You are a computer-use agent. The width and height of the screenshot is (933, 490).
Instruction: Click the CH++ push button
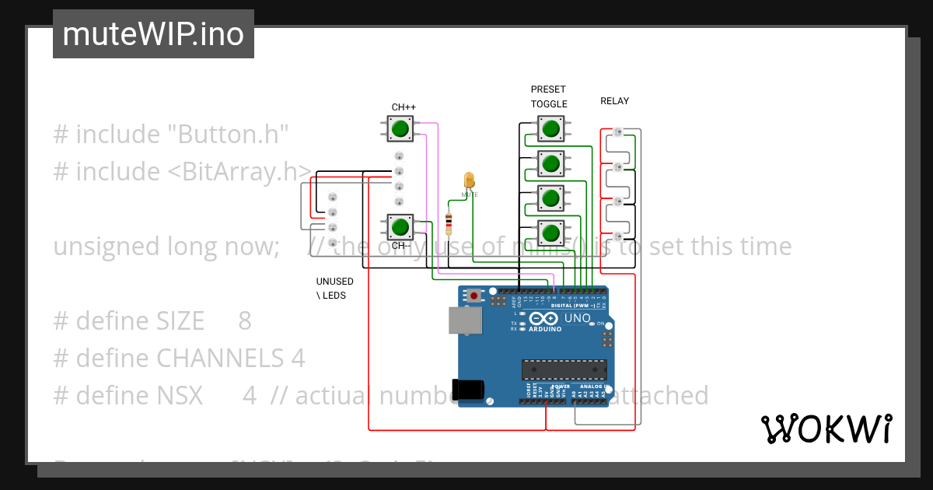click(400, 128)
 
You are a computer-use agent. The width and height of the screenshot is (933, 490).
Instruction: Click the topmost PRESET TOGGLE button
click(550, 128)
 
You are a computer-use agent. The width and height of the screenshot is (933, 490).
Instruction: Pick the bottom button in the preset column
click(550, 233)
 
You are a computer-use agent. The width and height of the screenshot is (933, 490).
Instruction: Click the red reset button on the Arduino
click(474, 296)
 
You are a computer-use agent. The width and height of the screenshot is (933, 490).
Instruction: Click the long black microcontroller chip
click(564, 369)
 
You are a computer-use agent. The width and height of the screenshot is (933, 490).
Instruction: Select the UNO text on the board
click(578, 319)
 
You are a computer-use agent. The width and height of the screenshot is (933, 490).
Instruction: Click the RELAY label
click(614, 101)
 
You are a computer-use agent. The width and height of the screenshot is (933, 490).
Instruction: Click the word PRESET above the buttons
click(548, 89)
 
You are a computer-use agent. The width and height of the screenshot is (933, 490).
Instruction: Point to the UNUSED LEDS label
click(334, 289)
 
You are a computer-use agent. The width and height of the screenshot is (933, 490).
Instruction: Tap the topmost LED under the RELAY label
click(619, 132)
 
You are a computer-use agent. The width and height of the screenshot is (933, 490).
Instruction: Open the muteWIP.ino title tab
click(153, 34)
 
